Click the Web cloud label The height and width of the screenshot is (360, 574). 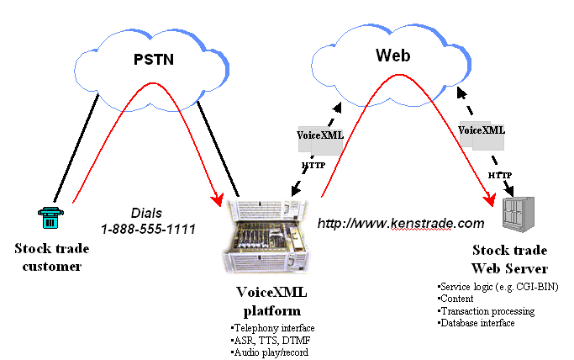coord(392,56)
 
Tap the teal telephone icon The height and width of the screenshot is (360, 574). coord(48,218)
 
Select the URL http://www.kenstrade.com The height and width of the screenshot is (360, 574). coord(401,224)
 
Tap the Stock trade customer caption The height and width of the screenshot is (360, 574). coord(48,257)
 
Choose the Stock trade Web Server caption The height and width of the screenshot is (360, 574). coord(509,259)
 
